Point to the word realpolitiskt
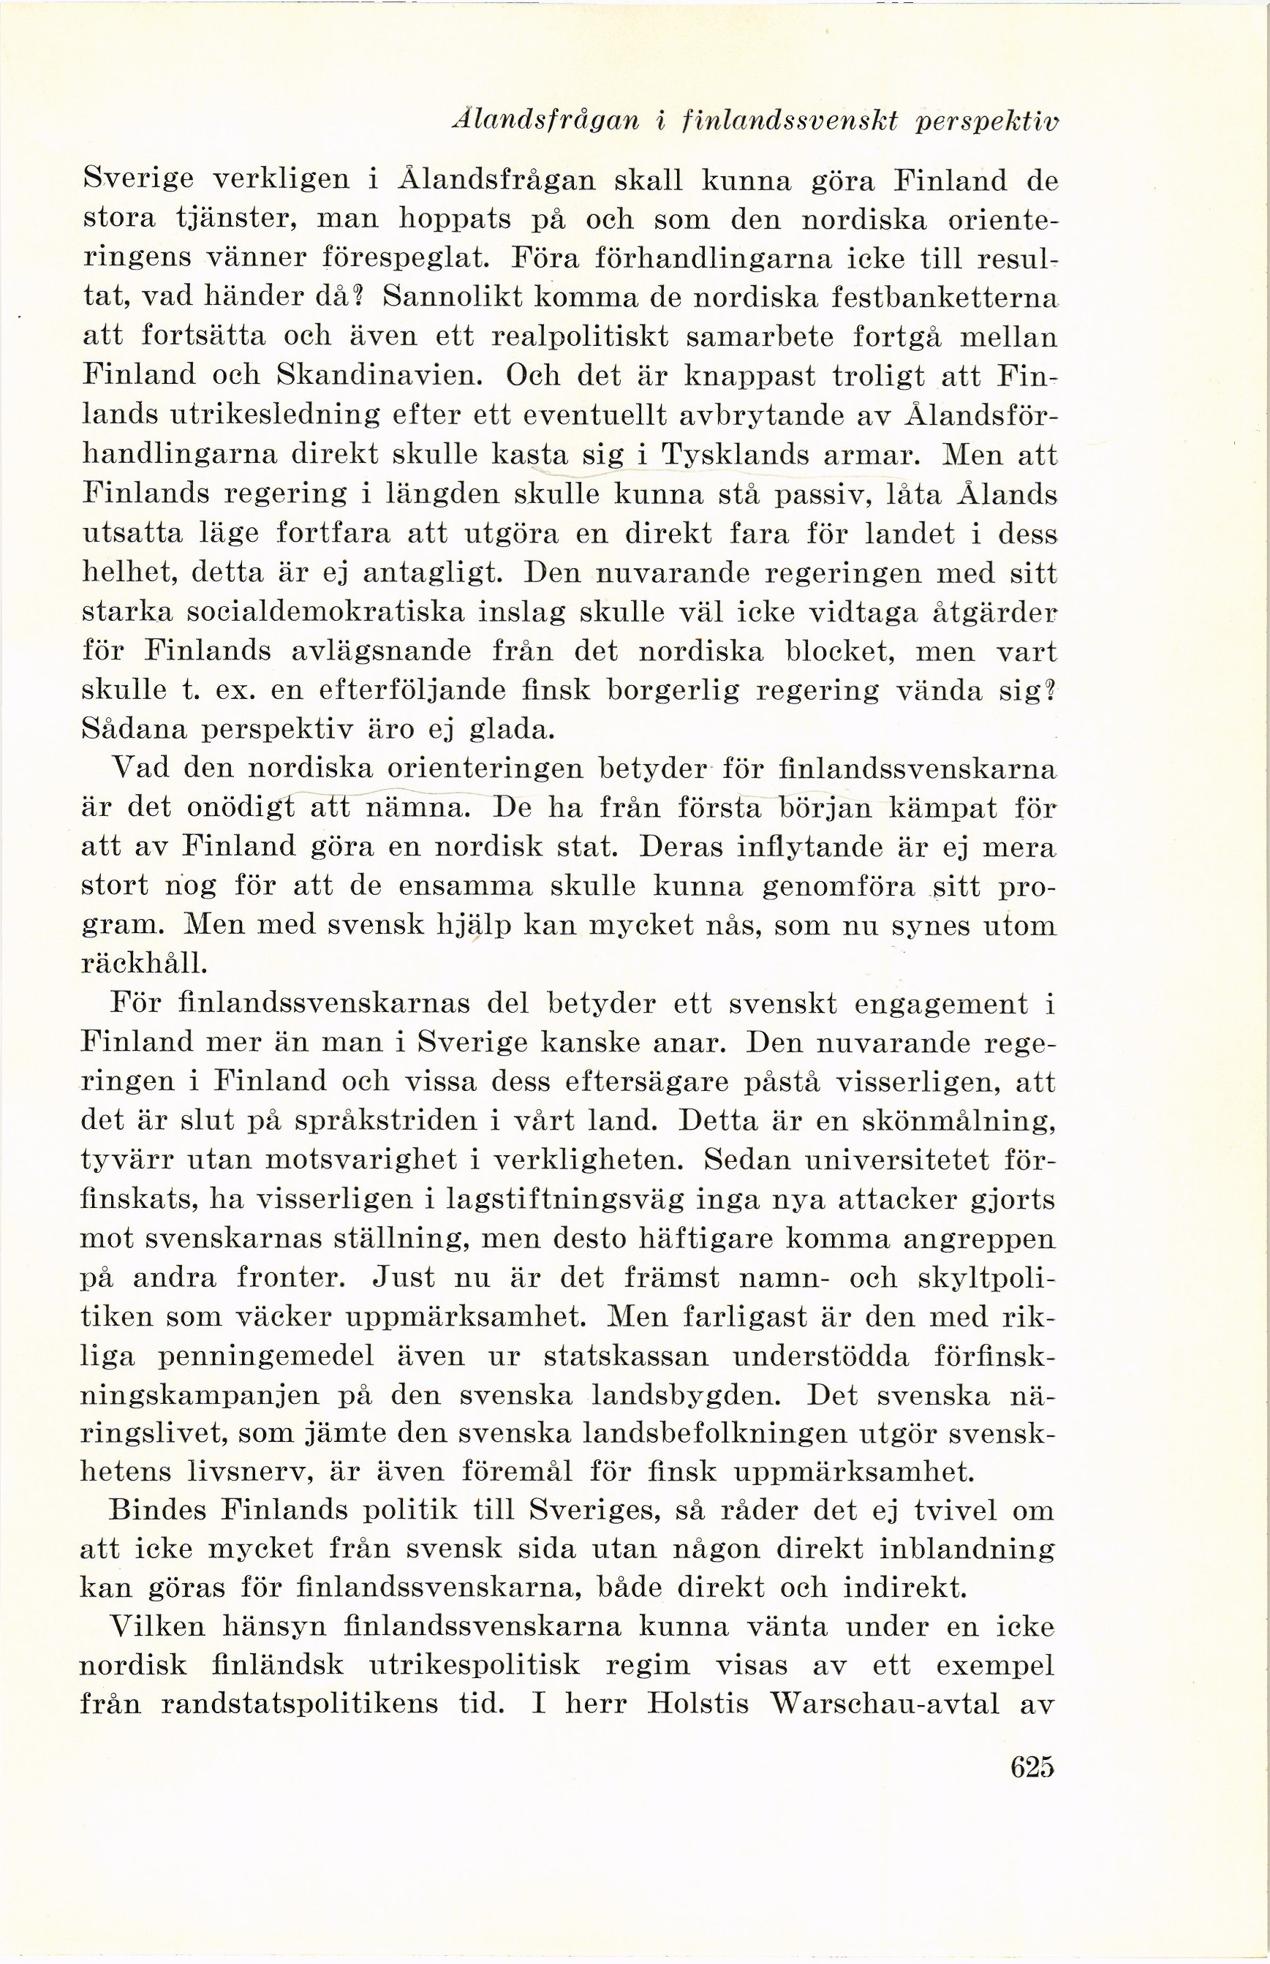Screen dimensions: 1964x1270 588,337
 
